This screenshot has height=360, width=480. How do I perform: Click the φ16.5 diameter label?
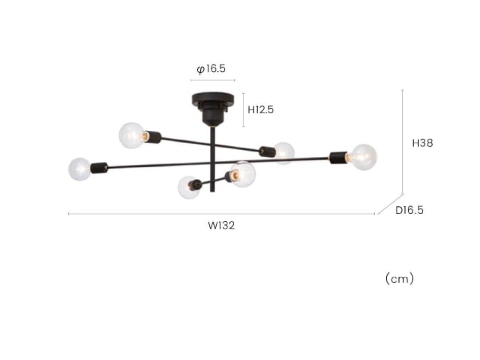click(211, 69)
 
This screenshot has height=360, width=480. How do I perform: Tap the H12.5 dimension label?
click(260, 110)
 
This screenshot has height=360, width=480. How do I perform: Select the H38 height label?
click(423, 143)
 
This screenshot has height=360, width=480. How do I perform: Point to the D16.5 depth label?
click(409, 210)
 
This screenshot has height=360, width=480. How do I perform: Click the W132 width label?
click(221, 225)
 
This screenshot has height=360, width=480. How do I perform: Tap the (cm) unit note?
click(400, 279)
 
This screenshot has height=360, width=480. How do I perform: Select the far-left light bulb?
click(80, 169)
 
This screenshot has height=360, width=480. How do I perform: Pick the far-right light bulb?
click(364, 157)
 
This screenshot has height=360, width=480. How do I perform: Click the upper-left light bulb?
click(132, 135)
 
